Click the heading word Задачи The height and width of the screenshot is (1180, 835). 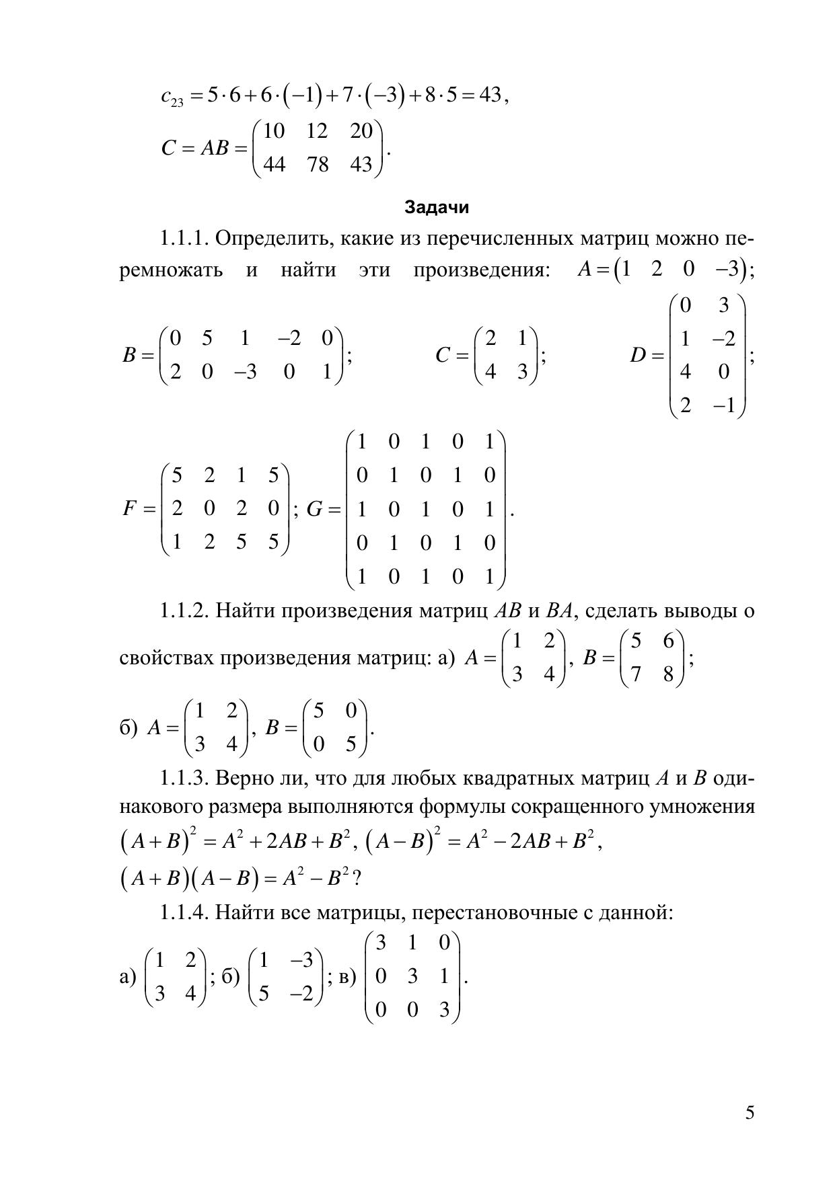pyautogui.click(x=437, y=207)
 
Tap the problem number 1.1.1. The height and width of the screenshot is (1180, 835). pyautogui.click(x=185, y=239)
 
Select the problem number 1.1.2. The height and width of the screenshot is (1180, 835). pyautogui.click(x=185, y=611)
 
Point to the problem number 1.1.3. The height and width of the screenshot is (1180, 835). pyautogui.click(x=185, y=778)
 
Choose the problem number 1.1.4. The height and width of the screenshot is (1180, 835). pyautogui.click(x=185, y=912)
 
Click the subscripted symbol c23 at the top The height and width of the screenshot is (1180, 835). pyautogui.click(x=172, y=97)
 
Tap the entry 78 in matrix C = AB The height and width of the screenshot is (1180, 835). pyautogui.click(x=317, y=164)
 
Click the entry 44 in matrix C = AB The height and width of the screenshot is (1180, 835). pyautogui.click(x=274, y=164)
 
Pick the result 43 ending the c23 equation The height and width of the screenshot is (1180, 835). pyautogui.click(x=490, y=95)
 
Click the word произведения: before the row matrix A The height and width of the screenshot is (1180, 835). pyautogui.click(x=481, y=270)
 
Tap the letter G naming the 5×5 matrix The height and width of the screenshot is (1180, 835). pyautogui.click(x=315, y=509)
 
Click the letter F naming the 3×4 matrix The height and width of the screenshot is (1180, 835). pyautogui.click(x=131, y=509)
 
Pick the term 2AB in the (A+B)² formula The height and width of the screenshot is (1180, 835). pyautogui.click(x=287, y=842)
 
